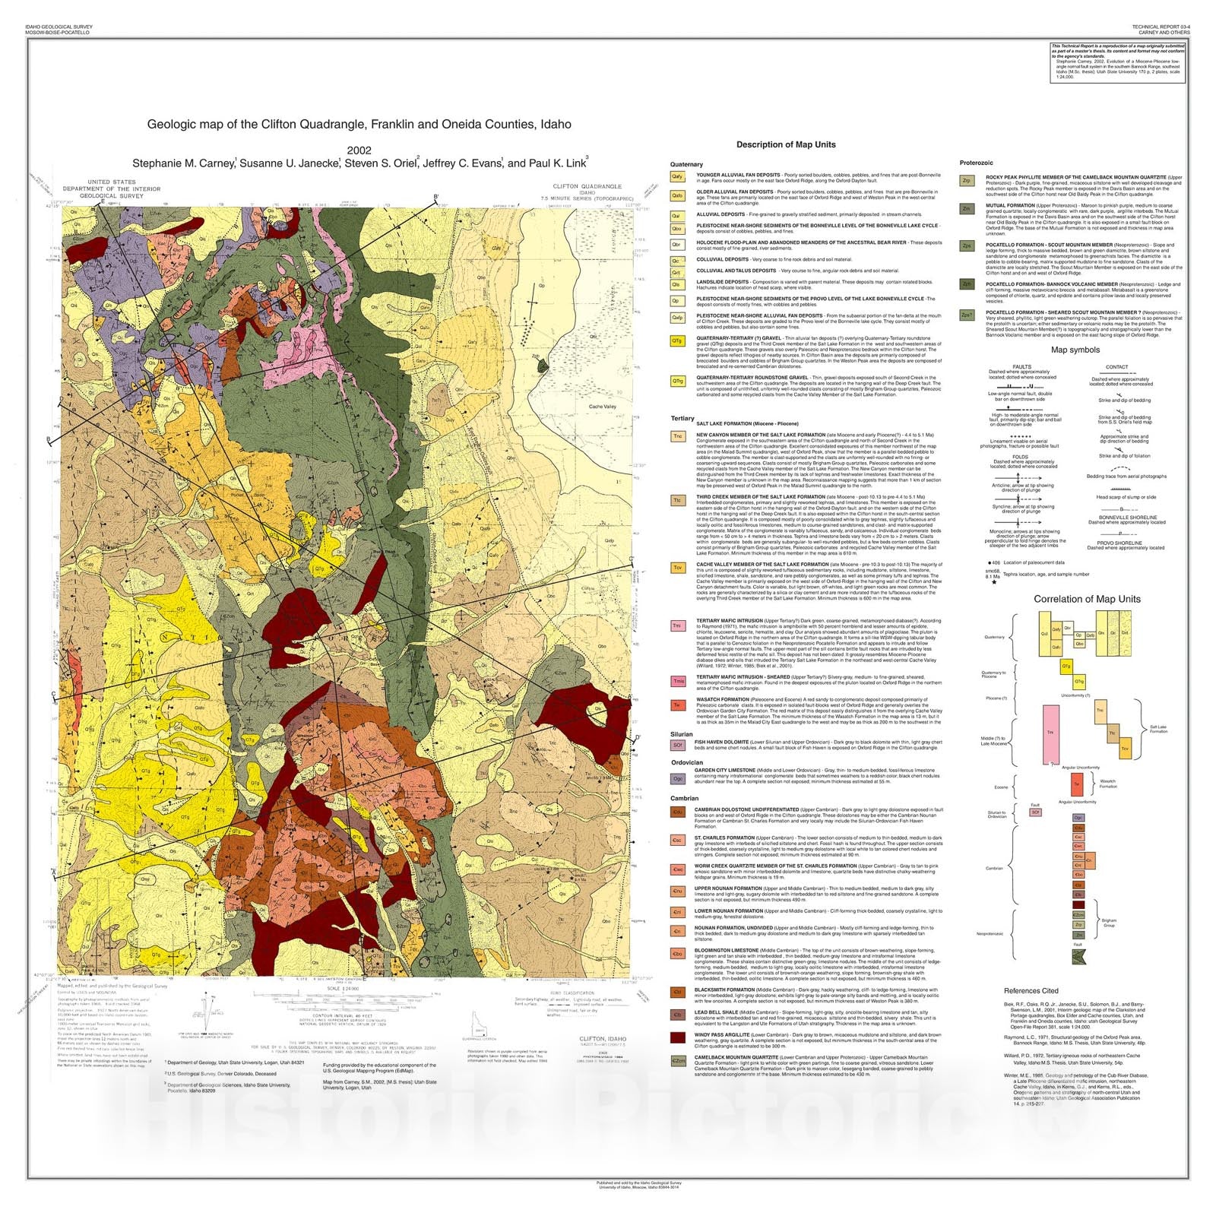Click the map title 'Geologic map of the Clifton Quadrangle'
click(x=359, y=124)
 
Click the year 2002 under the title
click(x=359, y=150)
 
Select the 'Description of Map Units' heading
click(x=785, y=144)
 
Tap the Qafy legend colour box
click(x=677, y=177)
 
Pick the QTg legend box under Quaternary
click(x=677, y=341)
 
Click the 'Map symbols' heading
click(x=1075, y=350)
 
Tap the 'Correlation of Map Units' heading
click(x=1087, y=599)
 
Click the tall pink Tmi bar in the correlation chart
click(x=1051, y=733)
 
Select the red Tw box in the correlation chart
click(x=1076, y=783)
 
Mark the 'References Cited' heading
click(x=1031, y=990)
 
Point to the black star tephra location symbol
click(x=993, y=582)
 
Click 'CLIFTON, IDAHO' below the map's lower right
click(x=603, y=1038)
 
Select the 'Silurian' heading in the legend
click(x=682, y=734)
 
